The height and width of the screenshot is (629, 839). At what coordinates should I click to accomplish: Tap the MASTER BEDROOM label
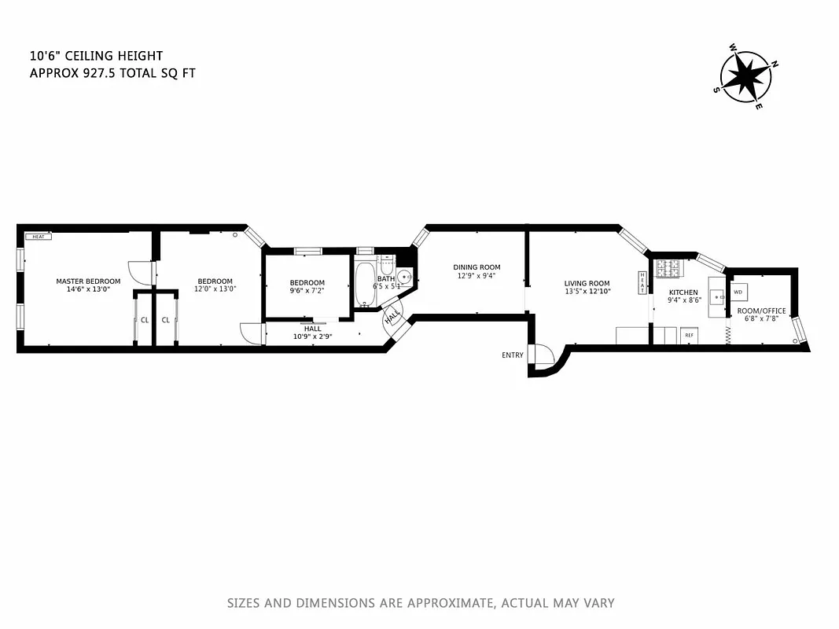click(x=88, y=281)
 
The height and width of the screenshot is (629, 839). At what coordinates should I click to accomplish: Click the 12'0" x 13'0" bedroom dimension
click(x=215, y=289)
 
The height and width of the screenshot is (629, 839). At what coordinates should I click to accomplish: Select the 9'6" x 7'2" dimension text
click(x=306, y=292)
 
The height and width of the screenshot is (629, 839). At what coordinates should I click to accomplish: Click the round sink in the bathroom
click(x=404, y=278)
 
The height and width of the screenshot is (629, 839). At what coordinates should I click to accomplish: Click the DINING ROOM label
click(x=477, y=267)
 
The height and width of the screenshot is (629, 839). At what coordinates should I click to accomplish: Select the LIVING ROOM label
click(x=587, y=284)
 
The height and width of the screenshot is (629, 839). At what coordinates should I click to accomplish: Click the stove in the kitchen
click(x=670, y=270)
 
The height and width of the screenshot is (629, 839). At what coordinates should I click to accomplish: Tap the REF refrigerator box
click(x=690, y=336)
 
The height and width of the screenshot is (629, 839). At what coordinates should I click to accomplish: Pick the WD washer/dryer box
click(x=738, y=292)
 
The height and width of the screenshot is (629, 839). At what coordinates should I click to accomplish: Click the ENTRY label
click(x=512, y=355)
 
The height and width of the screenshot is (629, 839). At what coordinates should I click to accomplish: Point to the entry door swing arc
click(x=543, y=356)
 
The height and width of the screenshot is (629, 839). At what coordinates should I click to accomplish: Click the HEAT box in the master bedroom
click(x=38, y=236)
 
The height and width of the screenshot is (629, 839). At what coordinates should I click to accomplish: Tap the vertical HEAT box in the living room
click(x=642, y=282)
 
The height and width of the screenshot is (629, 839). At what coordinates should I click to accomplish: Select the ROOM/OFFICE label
click(x=760, y=311)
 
